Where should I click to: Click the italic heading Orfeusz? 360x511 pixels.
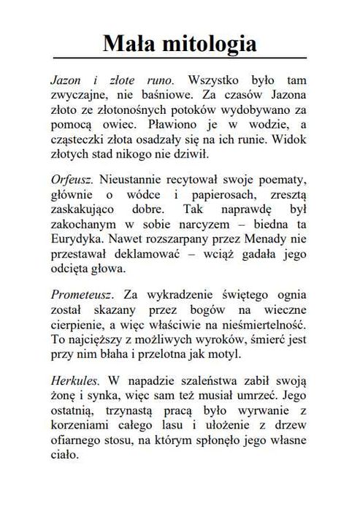tap(72, 179)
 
